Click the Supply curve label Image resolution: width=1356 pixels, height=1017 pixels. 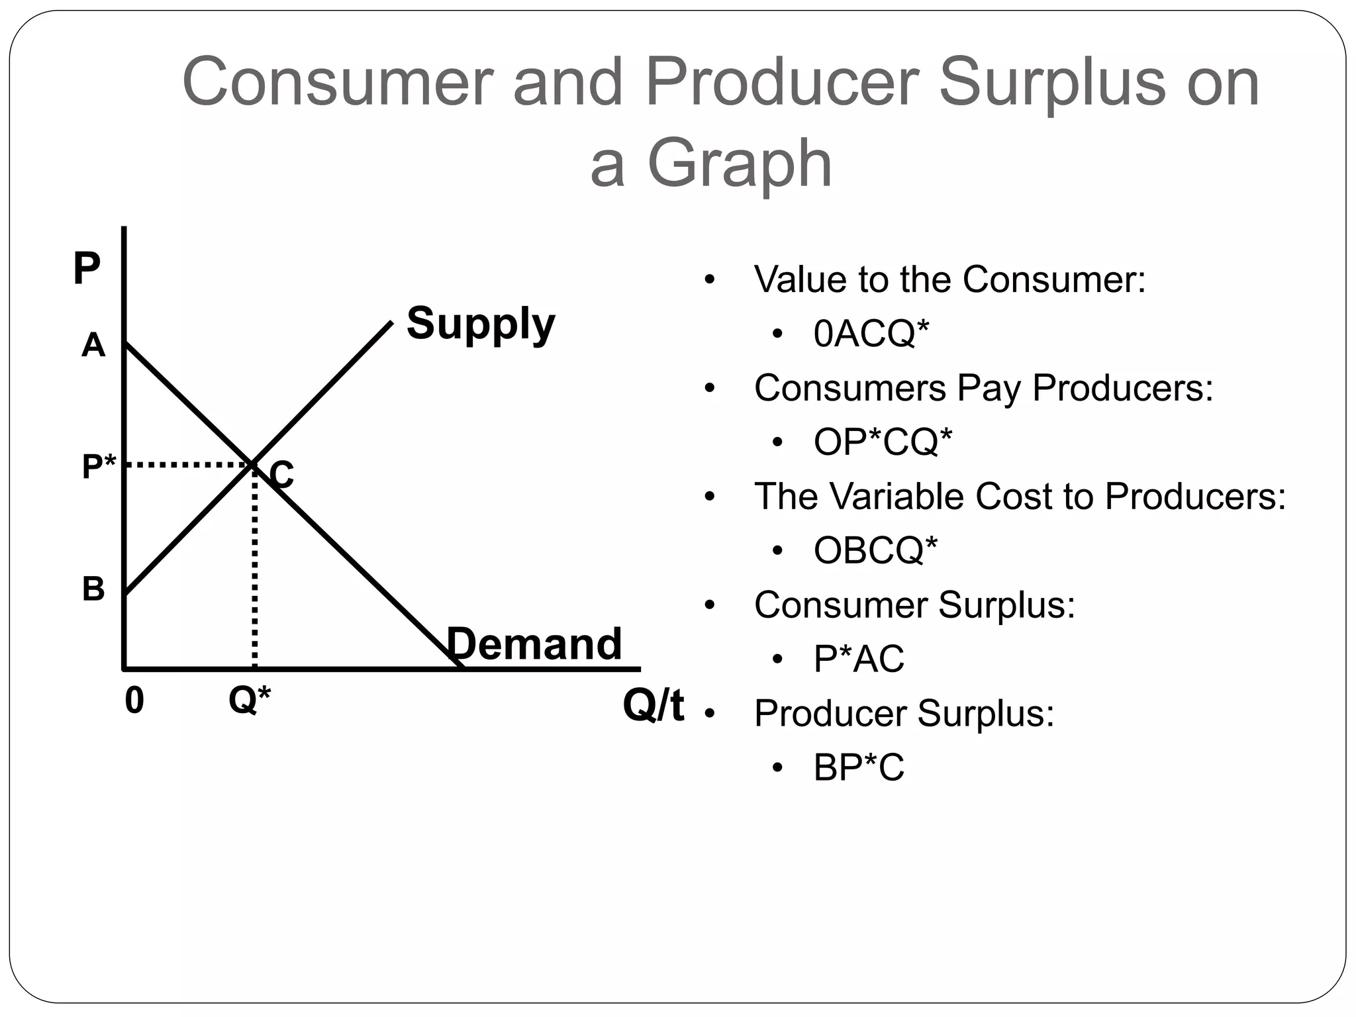click(x=481, y=324)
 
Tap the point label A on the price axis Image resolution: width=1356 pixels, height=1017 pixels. click(x=93, y=346)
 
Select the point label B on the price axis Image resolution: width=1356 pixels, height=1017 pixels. click(x=93, y=589)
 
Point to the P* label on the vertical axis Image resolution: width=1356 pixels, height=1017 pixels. click(x=99, y=467)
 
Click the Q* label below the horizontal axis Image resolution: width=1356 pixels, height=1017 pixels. click(x=250, y=699)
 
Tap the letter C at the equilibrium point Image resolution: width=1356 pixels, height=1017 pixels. click(x=282, y=475)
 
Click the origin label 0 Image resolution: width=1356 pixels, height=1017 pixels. click(x=134, y=701)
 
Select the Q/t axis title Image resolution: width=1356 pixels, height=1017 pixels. click(x=653, y=706)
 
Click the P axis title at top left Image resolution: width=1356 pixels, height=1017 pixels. click(x=87, y=268)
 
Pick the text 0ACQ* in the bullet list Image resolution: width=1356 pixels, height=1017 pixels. click(x=871, y=333)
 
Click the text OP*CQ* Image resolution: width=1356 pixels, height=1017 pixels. click(x=883, y=442)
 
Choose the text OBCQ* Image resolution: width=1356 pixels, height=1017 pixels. click(x=875, y=550)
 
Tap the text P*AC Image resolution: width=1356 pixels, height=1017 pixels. click(x=859, y=659)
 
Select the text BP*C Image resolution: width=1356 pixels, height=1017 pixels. click(x=859, y=767)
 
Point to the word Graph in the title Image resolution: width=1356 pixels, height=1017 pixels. click(x=739, y=164)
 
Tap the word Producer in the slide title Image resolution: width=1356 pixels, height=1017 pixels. click(x=782, y=82)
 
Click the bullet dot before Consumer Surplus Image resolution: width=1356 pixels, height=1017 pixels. click(x=710, y=605)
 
